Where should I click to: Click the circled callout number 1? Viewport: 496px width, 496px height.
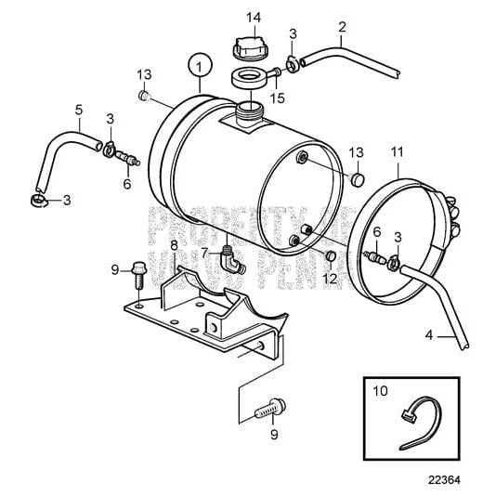195,66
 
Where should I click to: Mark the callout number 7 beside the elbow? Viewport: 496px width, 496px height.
203,252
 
